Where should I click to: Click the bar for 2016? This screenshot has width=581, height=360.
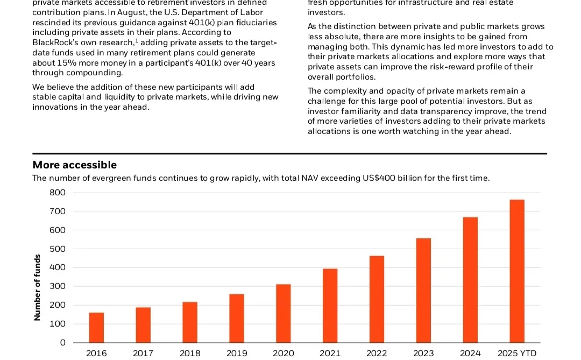tap(96, 327)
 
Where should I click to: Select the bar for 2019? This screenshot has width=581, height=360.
tap(236, 318)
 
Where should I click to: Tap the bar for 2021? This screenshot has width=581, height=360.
tap(330, 305)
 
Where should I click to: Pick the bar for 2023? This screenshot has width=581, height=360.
tap(423, 290)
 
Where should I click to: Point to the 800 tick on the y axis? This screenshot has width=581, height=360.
tap(58, 193)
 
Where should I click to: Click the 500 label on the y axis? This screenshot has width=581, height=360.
tap(58, 249)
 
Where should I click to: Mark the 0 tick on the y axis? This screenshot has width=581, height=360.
tap(62, 342)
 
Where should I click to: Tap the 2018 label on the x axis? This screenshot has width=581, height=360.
tap(189, 354)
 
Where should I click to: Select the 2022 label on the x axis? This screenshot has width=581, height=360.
tap(377, 354)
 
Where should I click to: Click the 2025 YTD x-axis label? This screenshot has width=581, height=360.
tap(517, 354)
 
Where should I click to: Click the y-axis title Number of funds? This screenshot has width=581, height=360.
tap(37, 287)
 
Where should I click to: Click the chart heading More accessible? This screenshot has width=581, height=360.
tap(74, 165)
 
